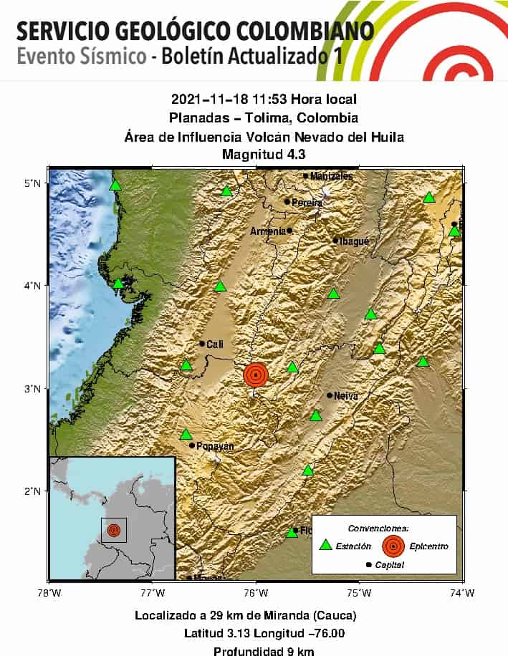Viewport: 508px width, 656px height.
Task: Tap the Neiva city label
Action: [345, 395]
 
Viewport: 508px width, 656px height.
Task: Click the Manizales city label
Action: [331, 176]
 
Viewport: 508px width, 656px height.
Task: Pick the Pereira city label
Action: [307, 203]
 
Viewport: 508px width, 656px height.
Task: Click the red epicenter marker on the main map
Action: [255, 375]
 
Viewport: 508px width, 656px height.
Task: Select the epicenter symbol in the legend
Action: [393, 546]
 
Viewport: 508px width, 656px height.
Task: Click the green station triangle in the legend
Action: [326, 545]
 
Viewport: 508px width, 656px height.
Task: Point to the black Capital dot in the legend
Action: [369, 565]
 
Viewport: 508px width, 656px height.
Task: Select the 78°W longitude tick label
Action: [49, 592]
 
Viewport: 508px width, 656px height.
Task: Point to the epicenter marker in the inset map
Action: [113, 531]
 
